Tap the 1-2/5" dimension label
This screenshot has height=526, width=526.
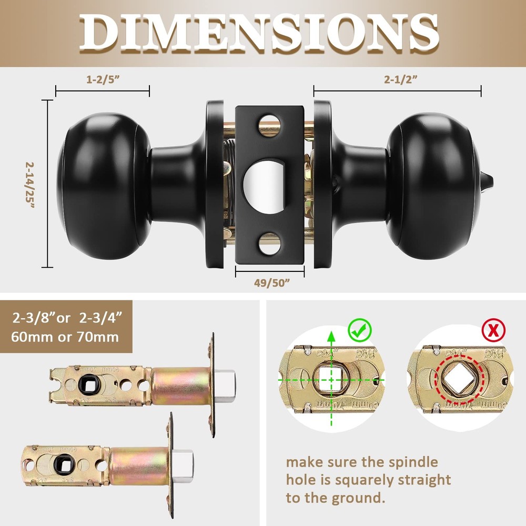tap(103, 80)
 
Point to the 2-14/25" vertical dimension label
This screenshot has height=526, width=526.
tap(31, 185)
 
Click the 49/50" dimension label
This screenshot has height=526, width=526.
tap(270, 282)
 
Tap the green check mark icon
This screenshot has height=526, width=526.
tap(360, 330)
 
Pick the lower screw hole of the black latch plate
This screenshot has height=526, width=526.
tap(269, 244)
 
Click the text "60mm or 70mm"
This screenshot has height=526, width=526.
tap(66, 336)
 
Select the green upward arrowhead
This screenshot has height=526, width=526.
tap(330, 335)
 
